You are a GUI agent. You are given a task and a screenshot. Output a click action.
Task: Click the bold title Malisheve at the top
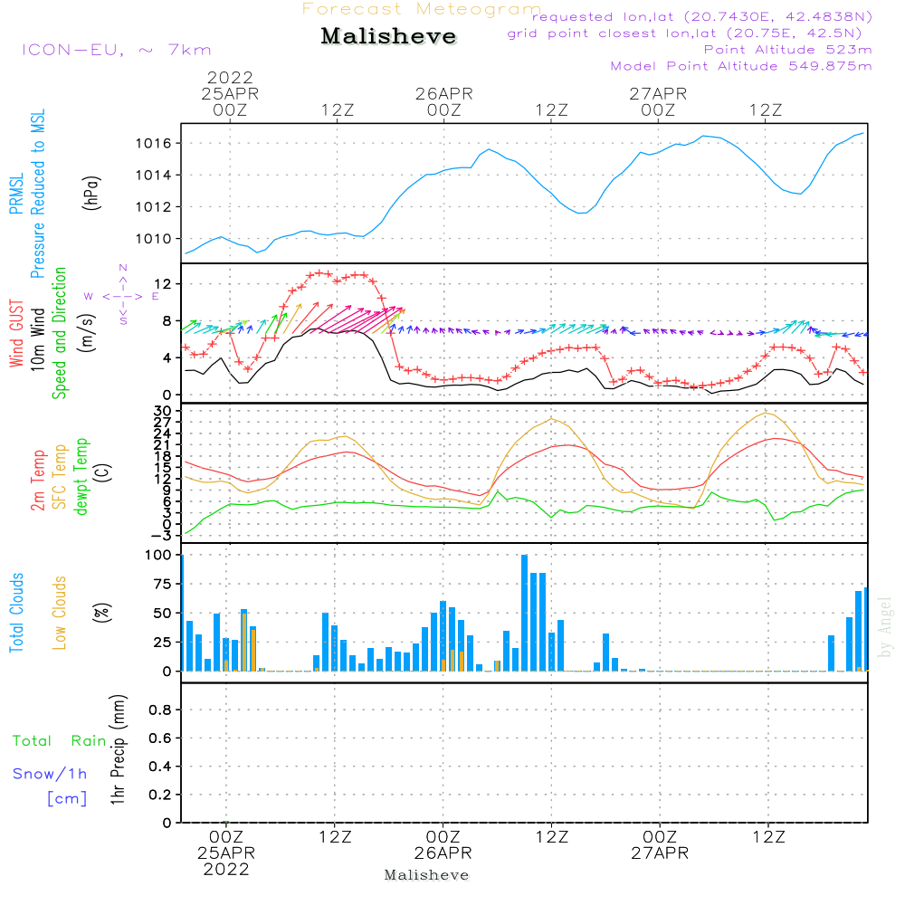tap(388, 37)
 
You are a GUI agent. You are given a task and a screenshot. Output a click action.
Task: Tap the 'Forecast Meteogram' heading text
tap(422, 9)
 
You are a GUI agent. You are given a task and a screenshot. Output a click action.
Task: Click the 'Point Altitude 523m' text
tap(787, 50)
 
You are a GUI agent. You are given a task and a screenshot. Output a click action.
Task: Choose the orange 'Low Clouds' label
tap(61, 612)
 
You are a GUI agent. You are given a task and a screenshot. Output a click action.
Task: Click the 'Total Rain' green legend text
tap(59, 741)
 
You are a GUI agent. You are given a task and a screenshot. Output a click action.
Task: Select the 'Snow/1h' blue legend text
tap(50, 774)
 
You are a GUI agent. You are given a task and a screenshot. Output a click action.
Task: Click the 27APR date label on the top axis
tap(659, 93)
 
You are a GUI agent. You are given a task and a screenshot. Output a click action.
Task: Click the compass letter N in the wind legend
tap(123, 268)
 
